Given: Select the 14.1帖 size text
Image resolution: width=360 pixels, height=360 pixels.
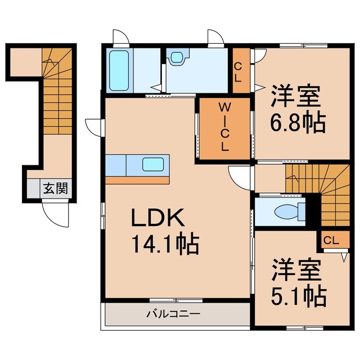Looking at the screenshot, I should pyautogui.click(x=163, y=245).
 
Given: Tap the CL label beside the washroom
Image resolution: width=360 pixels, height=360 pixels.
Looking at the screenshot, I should pyautogui.click(x=238, y=71).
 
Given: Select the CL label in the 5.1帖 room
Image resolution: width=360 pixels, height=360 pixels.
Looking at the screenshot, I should pyautogui.click(x=331, y=240).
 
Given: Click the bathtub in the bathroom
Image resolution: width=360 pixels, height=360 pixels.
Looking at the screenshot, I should pyautogui.click(x=119, y=70).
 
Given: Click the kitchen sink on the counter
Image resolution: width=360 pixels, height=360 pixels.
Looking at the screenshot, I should pyautogui.click(x=154, y=164).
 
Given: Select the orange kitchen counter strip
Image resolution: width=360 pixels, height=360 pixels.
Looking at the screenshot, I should pyautogui.click(x=137, y=180).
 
